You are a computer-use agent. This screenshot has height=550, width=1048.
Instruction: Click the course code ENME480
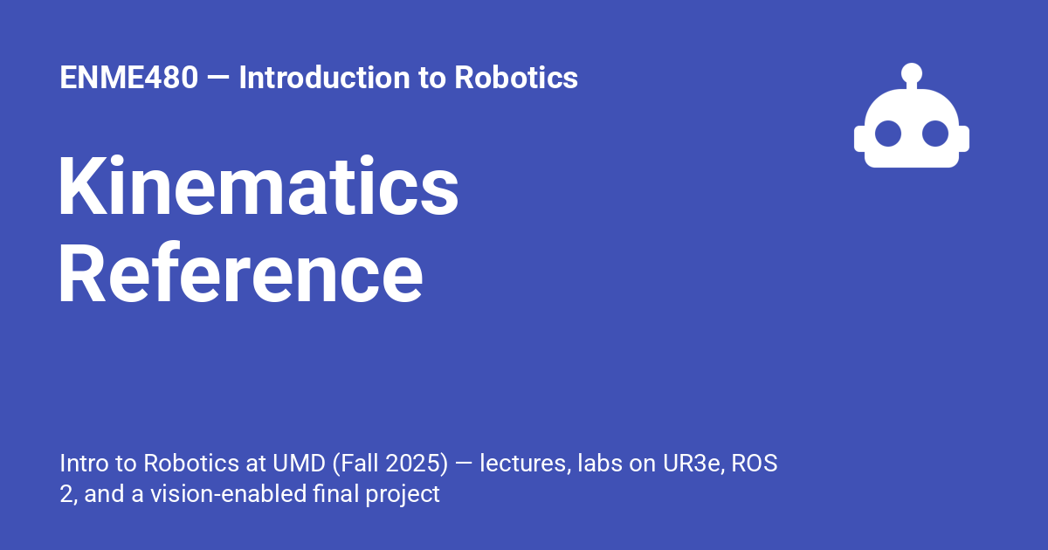coord(128,78)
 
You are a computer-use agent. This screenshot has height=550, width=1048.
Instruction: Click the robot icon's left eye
coord(888,134)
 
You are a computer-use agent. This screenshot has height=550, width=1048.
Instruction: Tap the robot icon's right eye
coord(935,134)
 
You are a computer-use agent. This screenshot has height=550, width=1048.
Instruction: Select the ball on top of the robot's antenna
coord(912,72)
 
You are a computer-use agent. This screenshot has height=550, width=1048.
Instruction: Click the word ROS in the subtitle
coord(755,463)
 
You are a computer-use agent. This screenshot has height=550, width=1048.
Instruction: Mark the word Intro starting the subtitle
coord(80,463)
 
